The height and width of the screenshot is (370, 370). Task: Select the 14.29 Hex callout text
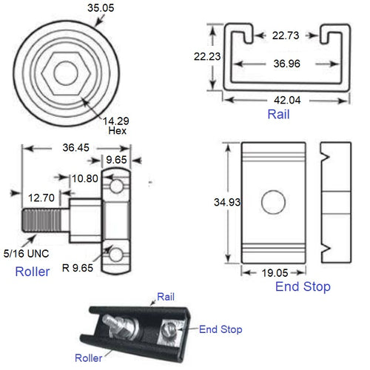click(x=115, y=124)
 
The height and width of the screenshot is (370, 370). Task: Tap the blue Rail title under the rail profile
click(x=278, y=115)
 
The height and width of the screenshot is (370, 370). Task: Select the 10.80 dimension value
click(x=83, y=178)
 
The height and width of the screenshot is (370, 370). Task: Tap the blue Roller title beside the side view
click(x=33, y=272)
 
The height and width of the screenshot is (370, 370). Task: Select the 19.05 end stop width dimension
click(x=273, y=273)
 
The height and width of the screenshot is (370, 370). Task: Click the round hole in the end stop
click(x=273, y=201)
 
